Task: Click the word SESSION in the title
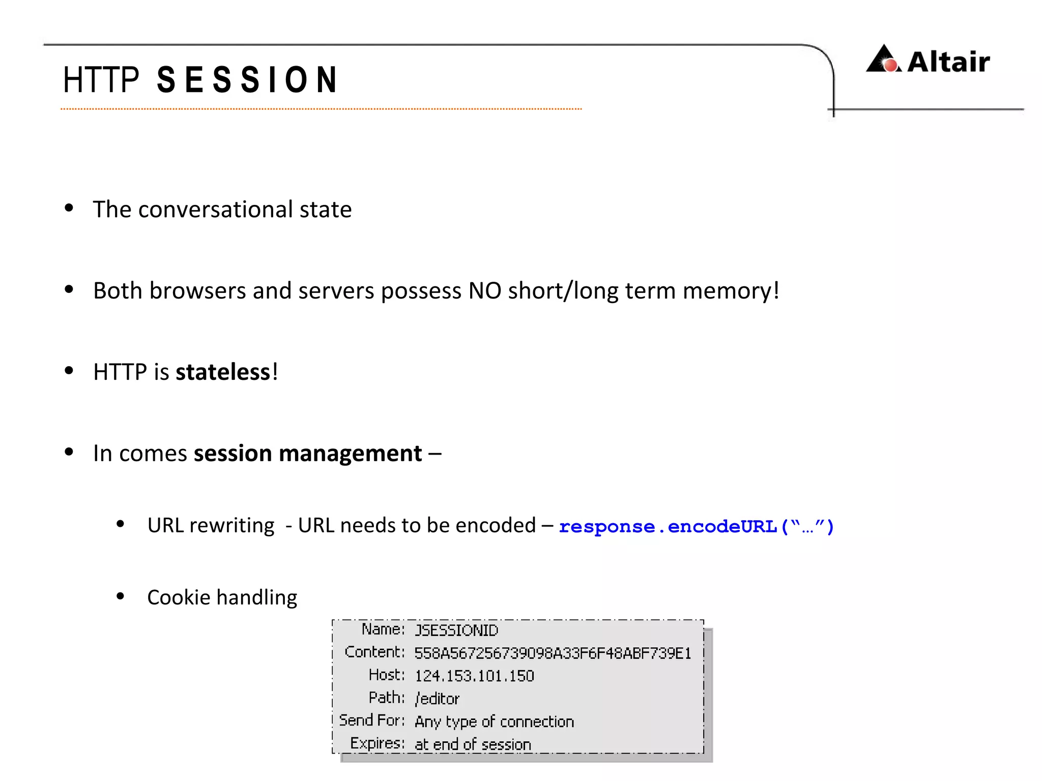click(247, 80)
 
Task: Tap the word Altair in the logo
click(948, 62)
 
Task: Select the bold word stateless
click(223, 372)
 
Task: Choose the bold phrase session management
click(308, 453)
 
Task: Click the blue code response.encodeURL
click(696, 526)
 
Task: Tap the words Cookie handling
click(222, 597)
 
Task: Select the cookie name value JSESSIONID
click(456, 630)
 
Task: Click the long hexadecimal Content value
click(553, 653)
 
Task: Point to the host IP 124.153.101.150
click(474, 676)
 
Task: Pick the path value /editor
click(437, 699)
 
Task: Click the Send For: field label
click(372, 720)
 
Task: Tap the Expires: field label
click(377, 743)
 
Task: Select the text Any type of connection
click(494, 722)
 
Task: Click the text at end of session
click(473, 744)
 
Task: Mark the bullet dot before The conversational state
click(69, 207)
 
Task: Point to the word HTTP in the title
click(101, 80)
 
